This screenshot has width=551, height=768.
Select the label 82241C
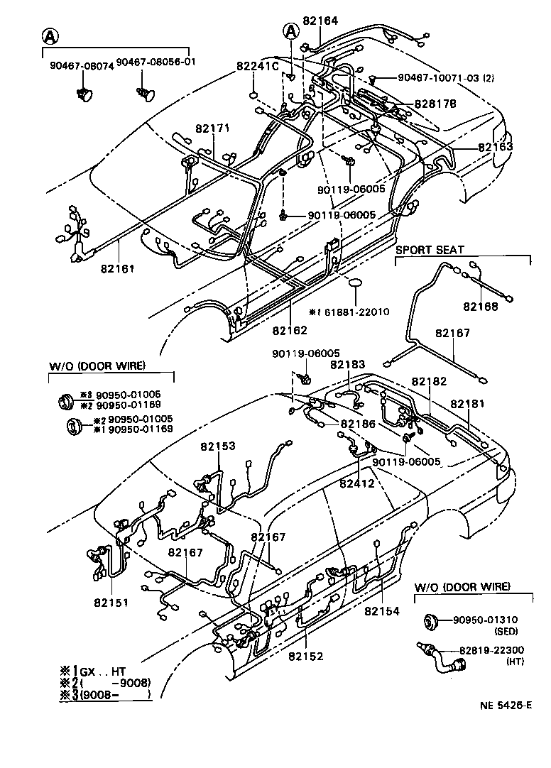tap(257, 65)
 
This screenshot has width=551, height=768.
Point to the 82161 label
tap(118, 269)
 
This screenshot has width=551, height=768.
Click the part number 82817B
tap(435, 104)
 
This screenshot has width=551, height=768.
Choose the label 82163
tap(495, 147)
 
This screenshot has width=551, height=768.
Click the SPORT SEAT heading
tap(430, 250)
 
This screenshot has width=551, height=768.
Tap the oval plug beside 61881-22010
tap(355, 285)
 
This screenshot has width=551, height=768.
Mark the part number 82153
tap(217, 446)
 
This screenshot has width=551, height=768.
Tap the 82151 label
tap(110, 603)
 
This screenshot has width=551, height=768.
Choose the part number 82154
tap(382, 610)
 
